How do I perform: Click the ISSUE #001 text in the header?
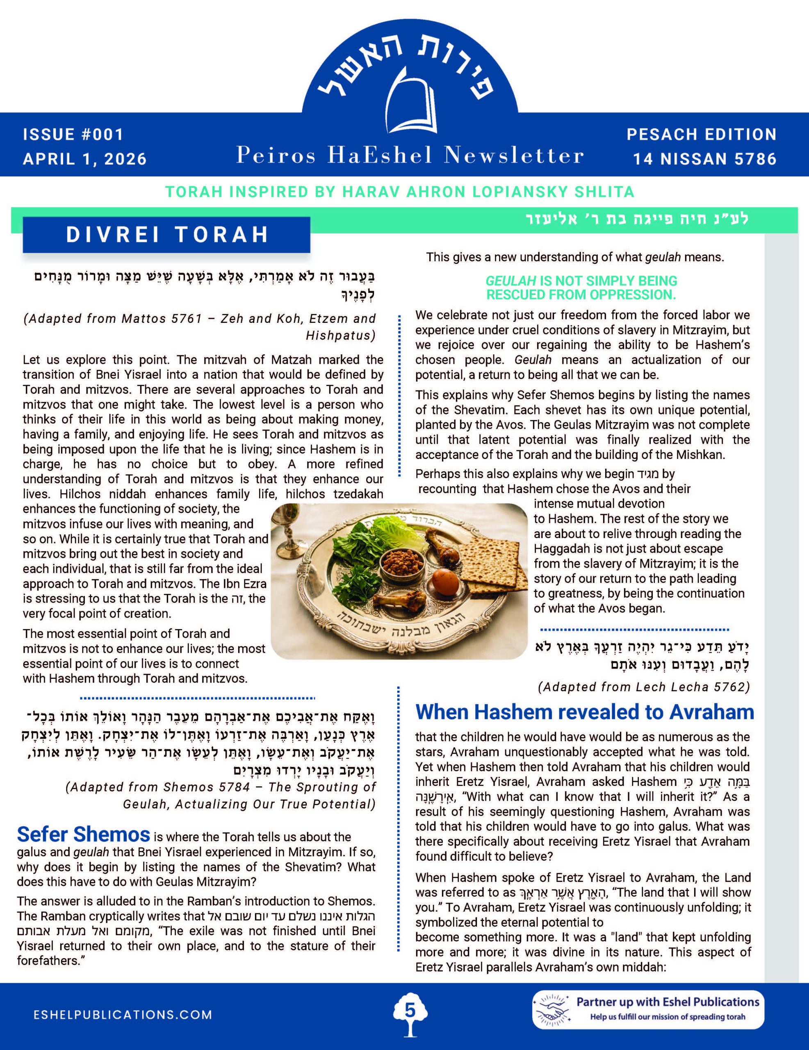pos(73,134)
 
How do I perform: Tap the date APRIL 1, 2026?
pos(84,159)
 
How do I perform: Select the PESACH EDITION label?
pos(701,134)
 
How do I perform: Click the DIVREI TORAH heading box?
pos(166,235)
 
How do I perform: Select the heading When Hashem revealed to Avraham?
pos(585,712)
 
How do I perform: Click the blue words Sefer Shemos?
pos(83,835)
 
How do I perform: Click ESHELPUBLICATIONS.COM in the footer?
pos(123,1014)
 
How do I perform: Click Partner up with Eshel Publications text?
pos(668,1002)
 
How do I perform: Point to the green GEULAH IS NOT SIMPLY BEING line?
pos(581,281)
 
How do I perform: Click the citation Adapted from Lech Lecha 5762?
pos(644,687)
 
